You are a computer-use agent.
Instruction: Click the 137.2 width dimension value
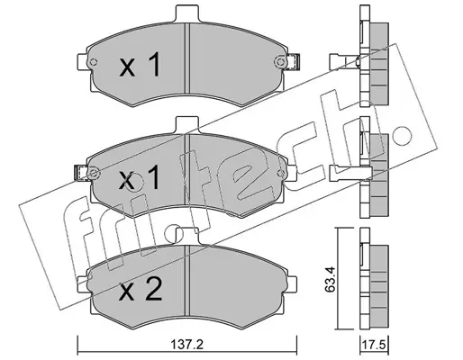[x=187, y=345]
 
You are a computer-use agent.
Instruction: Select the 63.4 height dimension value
[x=330, y=279]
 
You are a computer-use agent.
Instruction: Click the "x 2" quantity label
[x=141, y=289]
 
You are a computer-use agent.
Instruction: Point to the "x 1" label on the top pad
[x=140, y=65]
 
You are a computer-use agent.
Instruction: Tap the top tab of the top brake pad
[x=187, y=13]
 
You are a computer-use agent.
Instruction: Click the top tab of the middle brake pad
[x=187, y=125]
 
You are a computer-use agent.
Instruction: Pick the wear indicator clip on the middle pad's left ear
[x=80, y=174]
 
